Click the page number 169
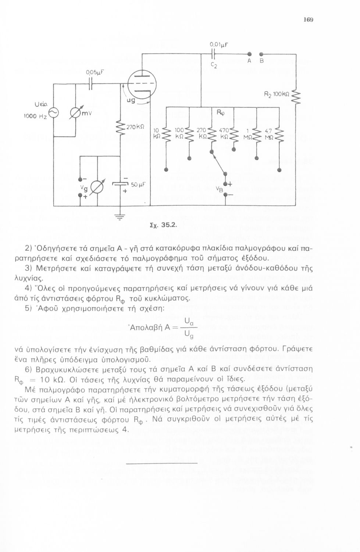pyautogui.click(x=308, y=20)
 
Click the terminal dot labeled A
pyautogui.click(x=249, y=53)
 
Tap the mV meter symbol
pyautogui.click(x=76, y=112)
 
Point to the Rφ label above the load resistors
pyautogui.click(x=219, y=113)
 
